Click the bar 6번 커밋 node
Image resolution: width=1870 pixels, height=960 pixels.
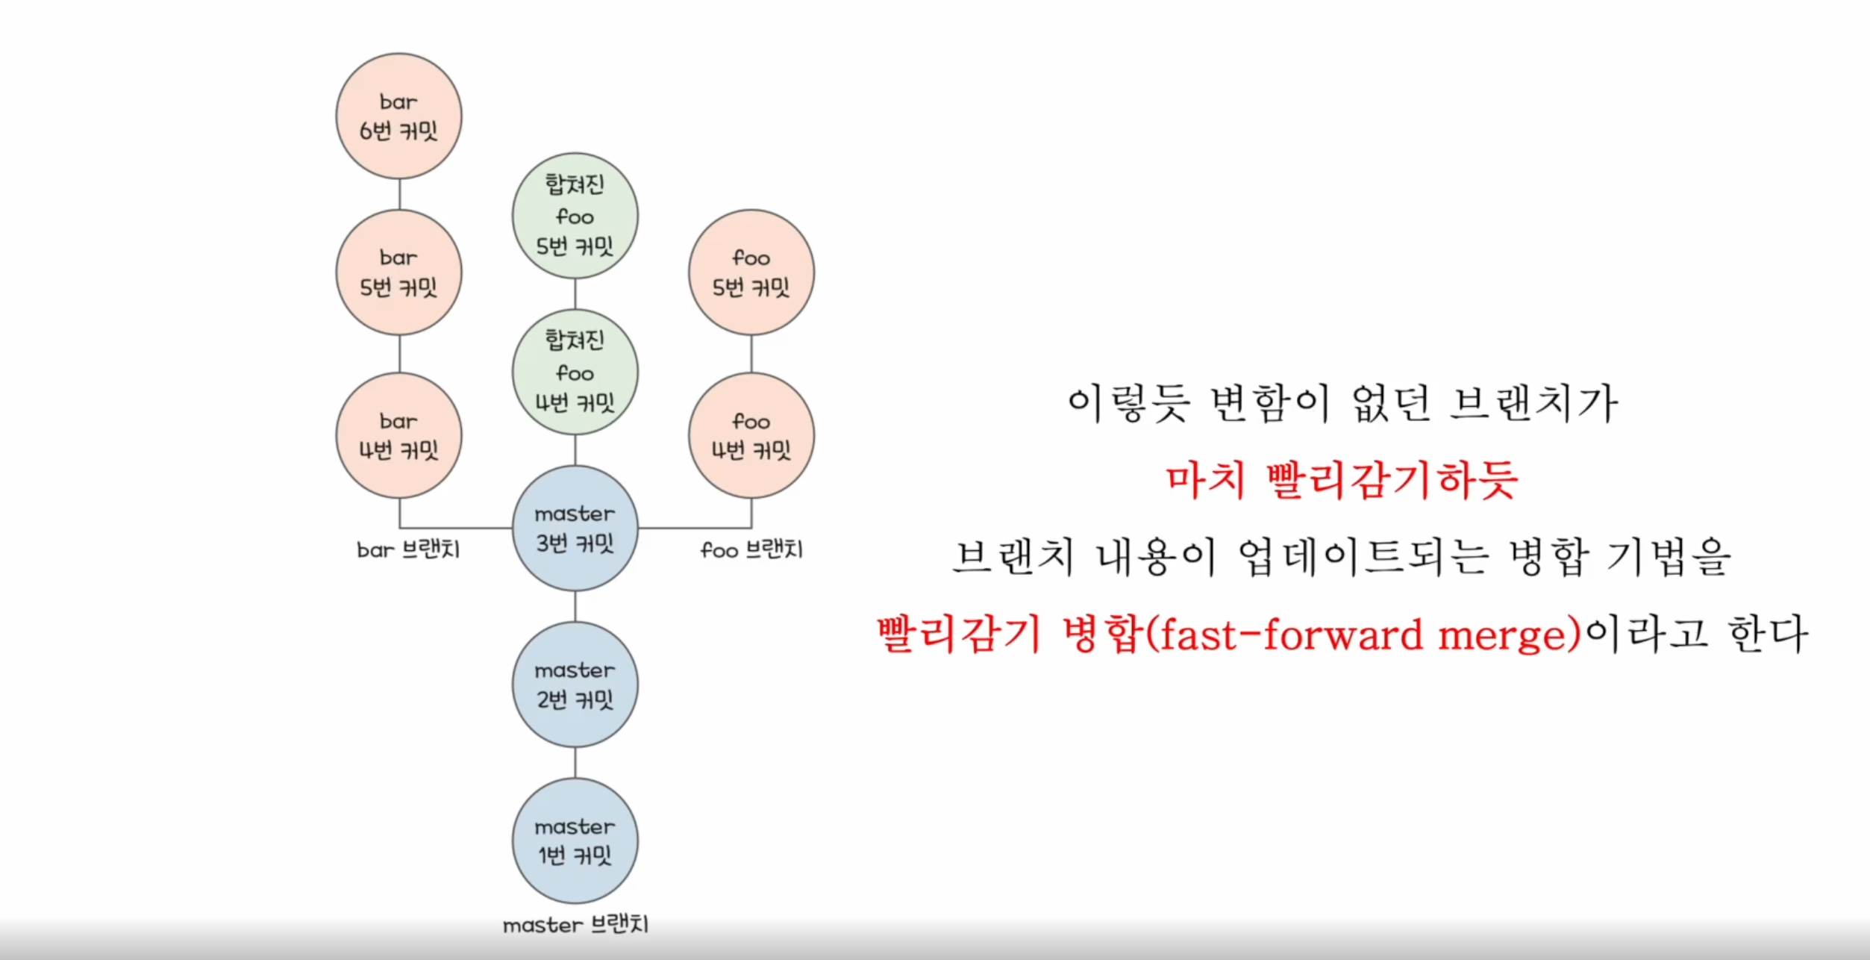pos(398,116)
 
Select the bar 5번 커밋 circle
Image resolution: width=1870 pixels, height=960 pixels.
pos(398,272)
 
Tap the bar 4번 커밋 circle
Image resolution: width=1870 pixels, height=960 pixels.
pos(398,435)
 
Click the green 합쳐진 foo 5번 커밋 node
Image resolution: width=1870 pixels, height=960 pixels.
pos(575,216)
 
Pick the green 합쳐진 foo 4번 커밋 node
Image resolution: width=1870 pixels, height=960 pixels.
pos(575,372)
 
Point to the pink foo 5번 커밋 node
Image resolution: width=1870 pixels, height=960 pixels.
pos(751,272)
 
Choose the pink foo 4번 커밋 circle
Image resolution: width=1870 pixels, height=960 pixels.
pos(751,435)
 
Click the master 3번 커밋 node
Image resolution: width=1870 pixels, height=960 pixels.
pos(575,529)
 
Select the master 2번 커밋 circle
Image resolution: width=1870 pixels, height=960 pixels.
pos(575,685)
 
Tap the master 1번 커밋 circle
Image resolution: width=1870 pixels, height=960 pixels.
pos(575,841)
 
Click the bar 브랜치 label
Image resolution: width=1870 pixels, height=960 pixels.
pos(408,550)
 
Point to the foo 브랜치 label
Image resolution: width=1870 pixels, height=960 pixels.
pos(751,550)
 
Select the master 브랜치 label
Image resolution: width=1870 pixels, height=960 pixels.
pos(575,926)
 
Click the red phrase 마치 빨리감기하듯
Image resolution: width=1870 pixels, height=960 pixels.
pos(1341,480)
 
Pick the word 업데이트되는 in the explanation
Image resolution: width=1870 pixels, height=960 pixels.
pos(1366,558)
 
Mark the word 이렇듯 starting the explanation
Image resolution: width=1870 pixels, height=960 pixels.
pos(1128,403)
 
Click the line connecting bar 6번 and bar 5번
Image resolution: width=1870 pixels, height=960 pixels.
pos(399,194)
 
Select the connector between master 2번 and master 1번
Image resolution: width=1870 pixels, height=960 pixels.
pos(575,763)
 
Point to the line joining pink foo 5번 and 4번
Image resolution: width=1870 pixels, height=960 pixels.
pos(751,354)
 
